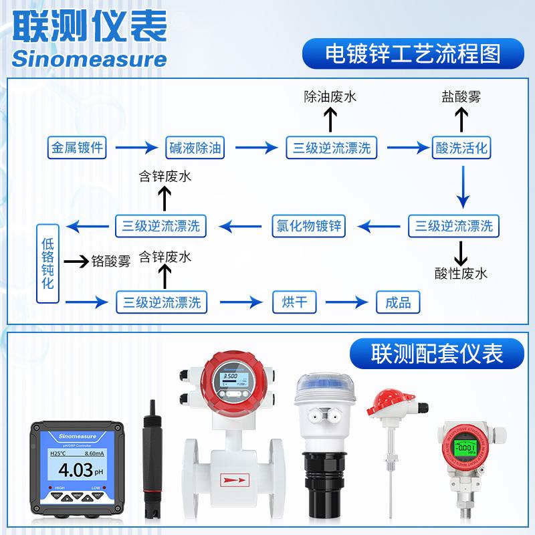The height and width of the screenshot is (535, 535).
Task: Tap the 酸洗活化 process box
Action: click(461, 148)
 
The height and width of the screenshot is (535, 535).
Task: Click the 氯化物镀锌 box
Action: click(309, 225)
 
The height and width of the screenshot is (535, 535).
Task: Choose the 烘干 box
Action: click(294, 302)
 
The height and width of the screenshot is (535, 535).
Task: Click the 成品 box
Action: click(399, 302)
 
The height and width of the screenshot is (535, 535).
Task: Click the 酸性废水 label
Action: click(461, 273)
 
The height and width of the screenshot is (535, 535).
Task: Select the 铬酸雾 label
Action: click(110, 261)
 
